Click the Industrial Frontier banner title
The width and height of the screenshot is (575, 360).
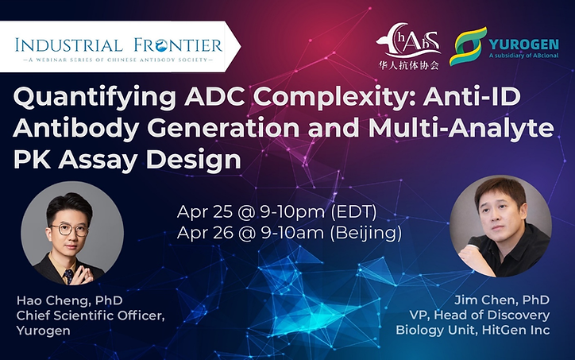coord(119,45)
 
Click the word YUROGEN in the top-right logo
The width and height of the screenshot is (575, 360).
coord(523,45)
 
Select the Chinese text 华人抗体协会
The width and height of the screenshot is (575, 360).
coord(408,65)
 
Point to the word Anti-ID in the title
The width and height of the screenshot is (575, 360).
coord(472,97)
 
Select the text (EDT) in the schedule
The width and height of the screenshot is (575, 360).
coord(353,211)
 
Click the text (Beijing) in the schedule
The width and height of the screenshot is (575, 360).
coord(365,233)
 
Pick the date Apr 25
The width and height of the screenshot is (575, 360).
coord(205,211)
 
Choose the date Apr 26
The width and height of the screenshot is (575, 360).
coord(205,233)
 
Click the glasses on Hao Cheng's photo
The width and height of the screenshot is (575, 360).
coord(70,230)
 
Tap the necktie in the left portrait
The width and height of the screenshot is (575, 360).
coord(68,276)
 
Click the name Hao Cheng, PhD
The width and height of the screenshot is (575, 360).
coord(69,300)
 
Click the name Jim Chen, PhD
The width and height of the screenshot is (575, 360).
coord(502,300)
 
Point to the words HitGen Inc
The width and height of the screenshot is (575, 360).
coord(515,330)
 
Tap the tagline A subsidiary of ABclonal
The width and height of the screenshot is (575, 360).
coord(523,56)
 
